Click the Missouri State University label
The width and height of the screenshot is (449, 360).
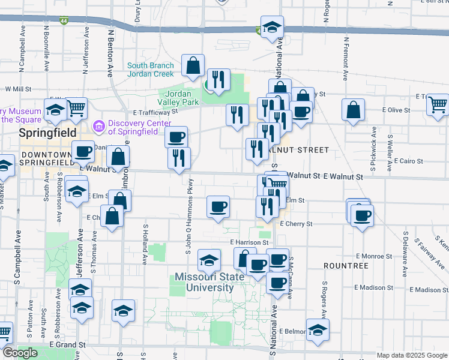click(204, 282)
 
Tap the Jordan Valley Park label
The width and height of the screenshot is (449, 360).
click(178, 98)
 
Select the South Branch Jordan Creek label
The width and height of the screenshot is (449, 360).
click(151, 70)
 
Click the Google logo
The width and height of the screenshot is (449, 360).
click(19, 353)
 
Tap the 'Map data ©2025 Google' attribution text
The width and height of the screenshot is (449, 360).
click(412, 356)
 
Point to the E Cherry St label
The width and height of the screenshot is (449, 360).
click(296, 224)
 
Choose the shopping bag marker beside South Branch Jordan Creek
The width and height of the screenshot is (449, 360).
click(193, 67)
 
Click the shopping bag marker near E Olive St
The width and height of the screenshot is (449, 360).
click(354, 110)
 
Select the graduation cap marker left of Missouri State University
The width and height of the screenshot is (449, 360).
click(209, 260)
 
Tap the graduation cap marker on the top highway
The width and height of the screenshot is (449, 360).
click(272, 28)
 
